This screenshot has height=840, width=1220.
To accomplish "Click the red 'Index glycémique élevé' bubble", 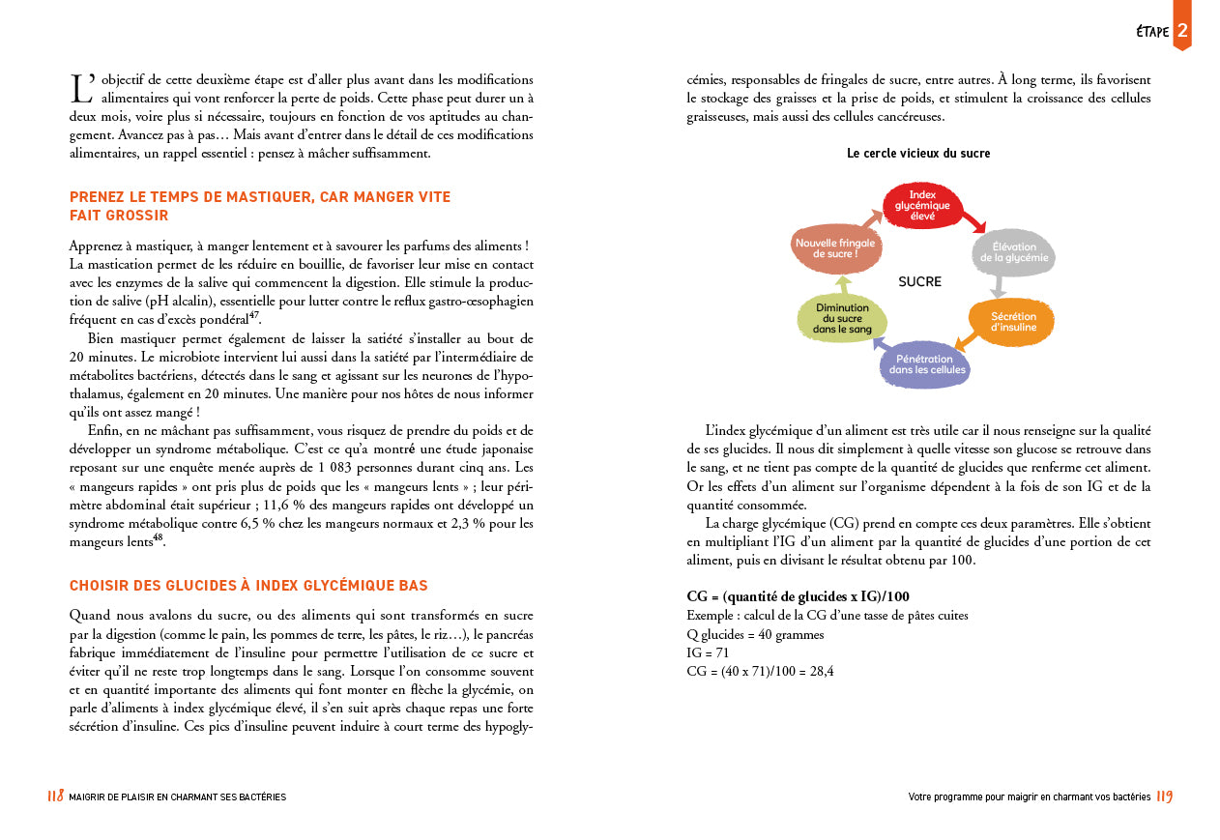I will pos(922,205).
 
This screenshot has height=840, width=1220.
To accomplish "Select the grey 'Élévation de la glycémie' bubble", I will pos(1012,252).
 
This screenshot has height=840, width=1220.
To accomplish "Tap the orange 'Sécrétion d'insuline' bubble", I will pos(1011,322).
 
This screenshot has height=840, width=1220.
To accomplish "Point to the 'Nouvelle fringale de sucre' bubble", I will pos(834,248).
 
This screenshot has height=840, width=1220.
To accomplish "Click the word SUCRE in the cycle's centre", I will pos(919,282).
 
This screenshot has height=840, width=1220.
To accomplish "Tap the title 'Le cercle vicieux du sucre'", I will pos(918,154).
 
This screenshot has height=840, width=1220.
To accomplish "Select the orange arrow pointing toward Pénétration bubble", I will pos(966,339).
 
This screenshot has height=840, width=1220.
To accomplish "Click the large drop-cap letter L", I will pos(81,89).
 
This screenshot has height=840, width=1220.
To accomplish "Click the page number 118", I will pos(55,797).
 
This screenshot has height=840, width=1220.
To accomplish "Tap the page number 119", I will pos(1164,797).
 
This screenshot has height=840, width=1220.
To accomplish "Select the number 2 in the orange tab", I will pos(1182,31).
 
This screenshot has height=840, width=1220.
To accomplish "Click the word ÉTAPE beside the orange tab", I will pos(1151,32).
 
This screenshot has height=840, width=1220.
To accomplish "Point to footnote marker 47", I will pos(254,315).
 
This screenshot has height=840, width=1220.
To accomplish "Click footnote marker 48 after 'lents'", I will pos(158,539).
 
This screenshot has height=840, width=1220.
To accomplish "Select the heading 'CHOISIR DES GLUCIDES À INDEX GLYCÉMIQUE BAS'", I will pos(248,586).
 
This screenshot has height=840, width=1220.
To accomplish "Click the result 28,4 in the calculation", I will pos(822,670).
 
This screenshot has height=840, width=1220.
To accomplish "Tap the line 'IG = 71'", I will pos(708,652).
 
